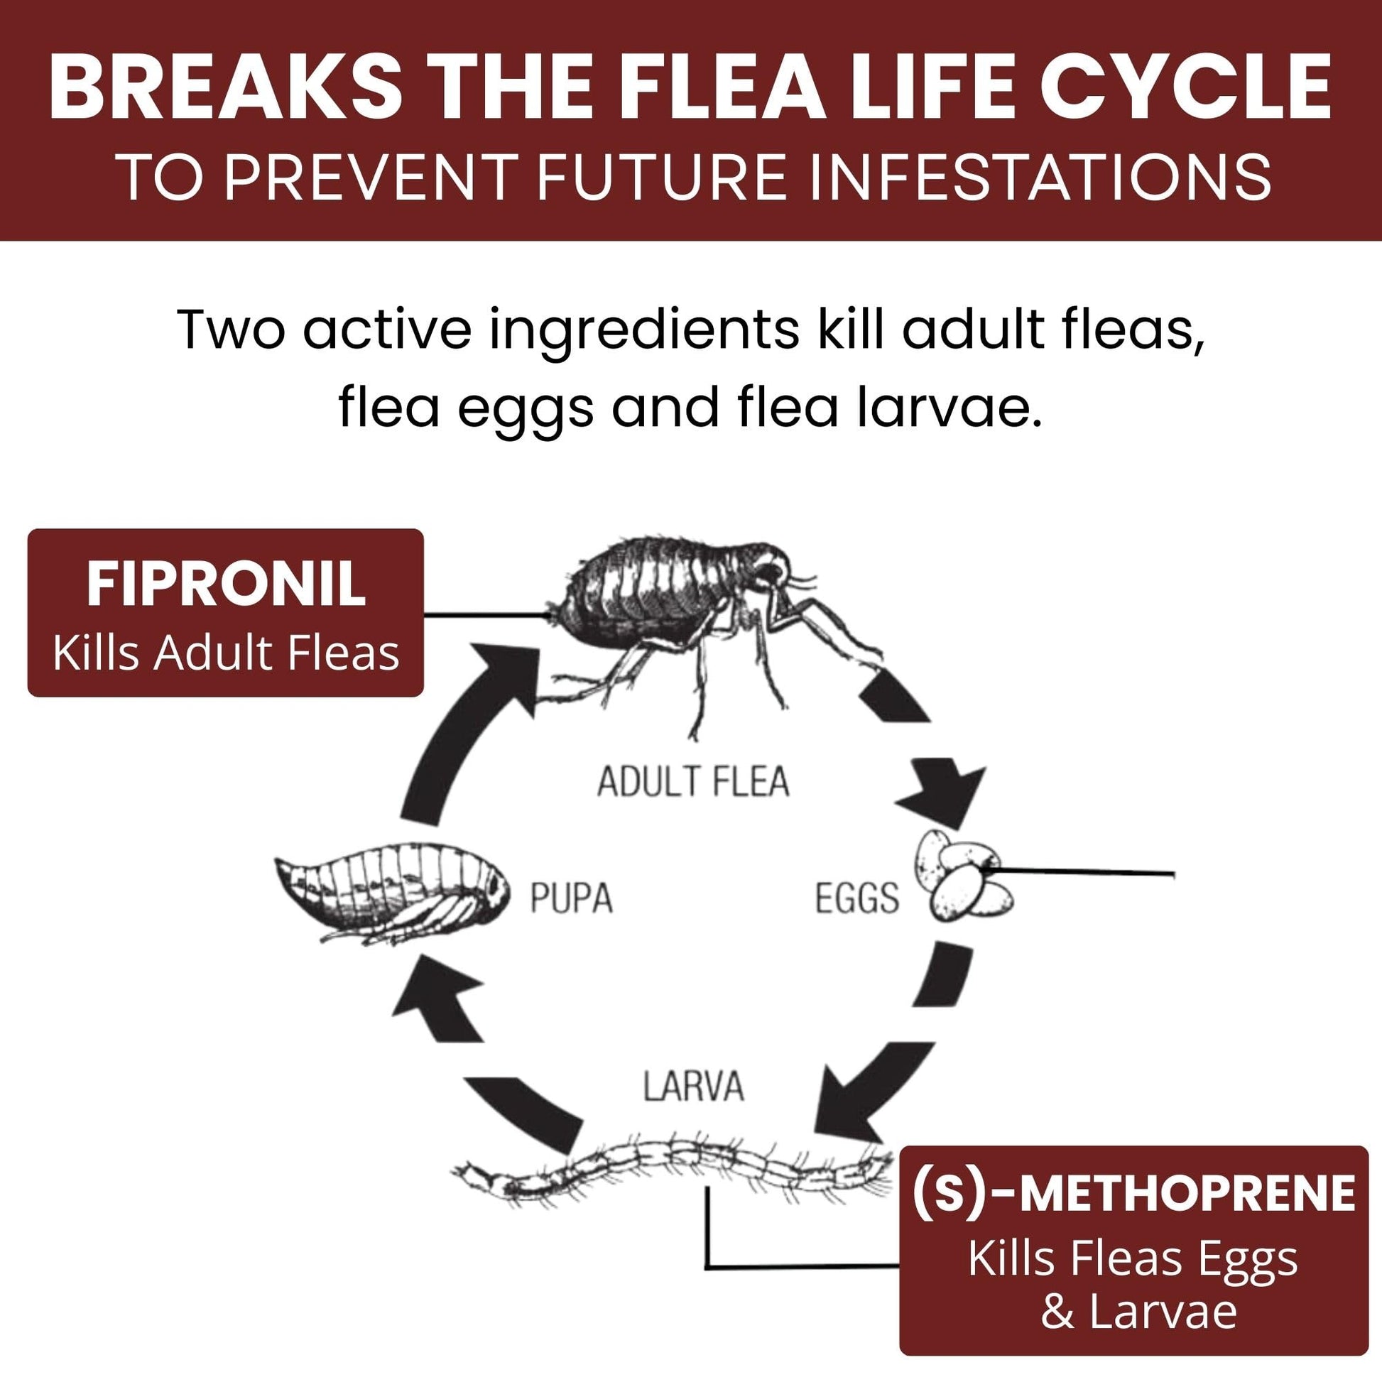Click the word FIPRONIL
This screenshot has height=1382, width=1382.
pyautogui.click(x=225, y=584)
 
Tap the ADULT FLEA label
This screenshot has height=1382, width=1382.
pyautogui.click(x=692, y=782)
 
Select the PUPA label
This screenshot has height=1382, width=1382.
pyautogui.click(x=571, y=898)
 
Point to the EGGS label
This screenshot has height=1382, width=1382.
pyautogui.click(x=856, y=898)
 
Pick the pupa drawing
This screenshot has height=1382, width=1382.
pyautogui.click(x=393, y=894)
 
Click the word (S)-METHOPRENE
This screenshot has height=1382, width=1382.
pyautogui.click(x=1132, y=1194)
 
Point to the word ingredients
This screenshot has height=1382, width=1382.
pyautogui.click(x=644, y=330)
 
